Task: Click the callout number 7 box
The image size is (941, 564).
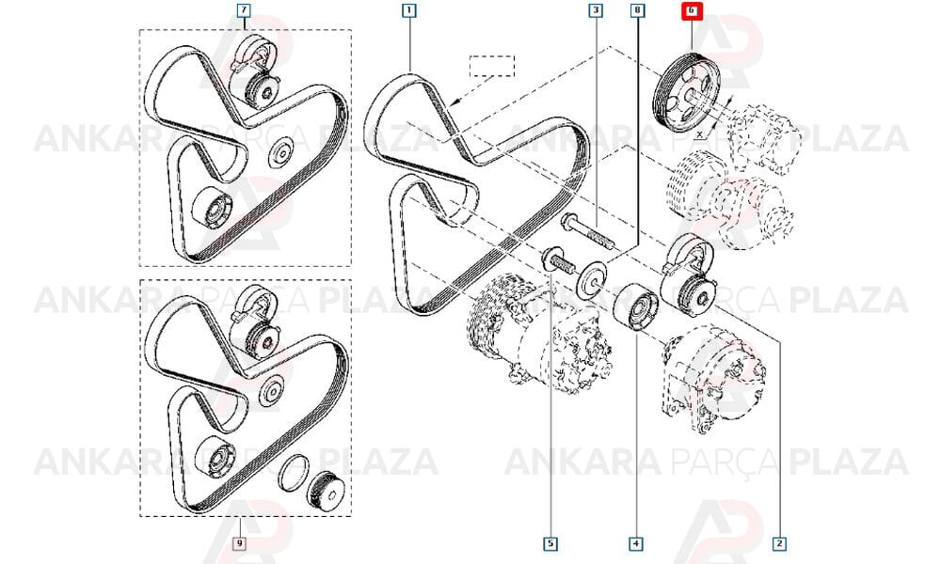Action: click(244, 10)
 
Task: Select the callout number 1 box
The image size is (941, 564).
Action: click(408, 10)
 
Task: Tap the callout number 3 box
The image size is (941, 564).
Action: click(596, 10)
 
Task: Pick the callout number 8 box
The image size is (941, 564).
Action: click(637, 10)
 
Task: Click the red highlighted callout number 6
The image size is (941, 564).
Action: click(692, 10)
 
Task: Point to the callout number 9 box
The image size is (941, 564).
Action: click(239, 543)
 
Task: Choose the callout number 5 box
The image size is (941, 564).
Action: click(550, 543)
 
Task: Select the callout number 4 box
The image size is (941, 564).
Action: click(635, 543)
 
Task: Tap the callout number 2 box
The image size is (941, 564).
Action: click(779, 543)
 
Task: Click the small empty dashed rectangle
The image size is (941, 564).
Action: click(492, 66)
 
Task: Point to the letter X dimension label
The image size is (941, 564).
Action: click(700, 135)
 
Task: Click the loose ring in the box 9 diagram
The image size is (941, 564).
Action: click(295, 472)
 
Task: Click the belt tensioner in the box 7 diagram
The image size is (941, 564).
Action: click(258, 72)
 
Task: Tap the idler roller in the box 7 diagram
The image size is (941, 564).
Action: click(212, 208)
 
